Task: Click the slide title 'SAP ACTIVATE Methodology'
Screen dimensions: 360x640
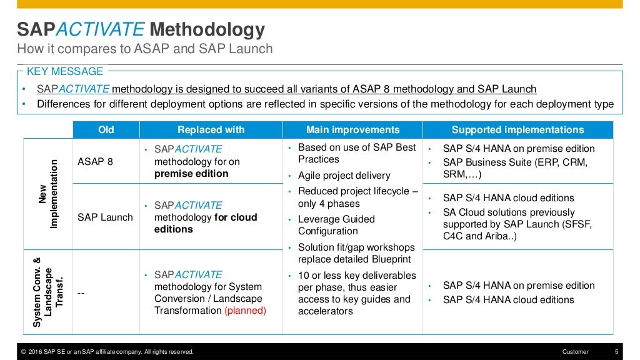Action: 141,29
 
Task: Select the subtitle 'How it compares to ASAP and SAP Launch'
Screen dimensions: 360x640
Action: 144,49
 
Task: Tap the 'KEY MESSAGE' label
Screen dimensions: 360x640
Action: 65,71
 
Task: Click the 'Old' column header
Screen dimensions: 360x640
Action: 106,130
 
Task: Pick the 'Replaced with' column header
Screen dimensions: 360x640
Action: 211,130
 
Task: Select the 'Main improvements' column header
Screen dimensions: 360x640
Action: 352,130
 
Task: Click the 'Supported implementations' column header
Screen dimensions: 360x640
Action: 517,130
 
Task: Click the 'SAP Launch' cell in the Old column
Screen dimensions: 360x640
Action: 105,217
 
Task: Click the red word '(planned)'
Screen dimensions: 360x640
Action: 245,311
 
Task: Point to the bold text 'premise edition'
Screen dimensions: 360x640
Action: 191,173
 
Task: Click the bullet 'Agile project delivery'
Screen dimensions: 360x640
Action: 344,176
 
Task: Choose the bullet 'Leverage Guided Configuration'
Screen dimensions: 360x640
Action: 336,225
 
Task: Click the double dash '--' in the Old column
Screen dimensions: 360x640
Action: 81,292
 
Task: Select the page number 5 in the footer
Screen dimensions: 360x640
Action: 616,352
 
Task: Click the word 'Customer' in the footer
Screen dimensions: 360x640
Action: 575,352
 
